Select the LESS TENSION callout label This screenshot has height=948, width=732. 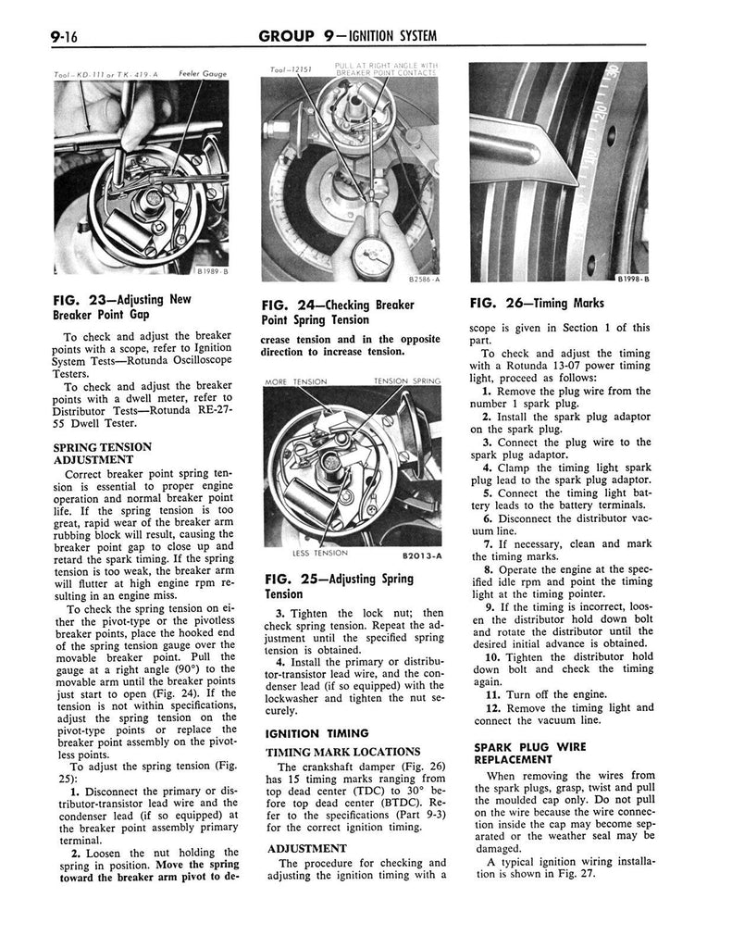319,553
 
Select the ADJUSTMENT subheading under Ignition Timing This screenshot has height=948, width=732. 307,846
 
